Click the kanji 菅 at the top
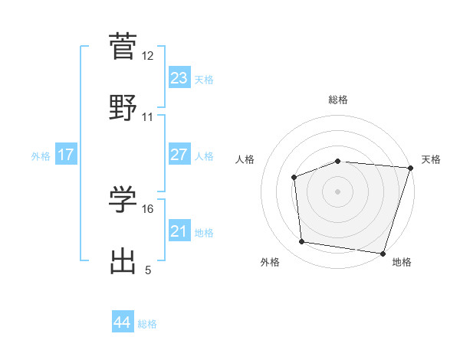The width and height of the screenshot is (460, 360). pos(123,46)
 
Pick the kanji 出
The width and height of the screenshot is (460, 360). pos(123,260)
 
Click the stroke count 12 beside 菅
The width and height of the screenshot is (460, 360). pos(148,56)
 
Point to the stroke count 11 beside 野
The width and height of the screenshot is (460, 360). pos(148,116)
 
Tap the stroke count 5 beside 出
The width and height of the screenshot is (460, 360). pos(148,270)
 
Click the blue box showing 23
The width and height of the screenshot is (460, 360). pos(179,78)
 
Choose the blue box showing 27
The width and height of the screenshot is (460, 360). pos(179,155)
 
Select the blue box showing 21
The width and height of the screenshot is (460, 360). pos(179,231)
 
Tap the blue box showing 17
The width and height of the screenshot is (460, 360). pos(66,155)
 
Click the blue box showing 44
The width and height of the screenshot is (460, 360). pos(122,322)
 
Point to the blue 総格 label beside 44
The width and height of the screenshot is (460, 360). pos(147,324)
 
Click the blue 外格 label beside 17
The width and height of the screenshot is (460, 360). pos(41,156)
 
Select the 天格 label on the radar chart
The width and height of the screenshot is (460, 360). pos(431,159)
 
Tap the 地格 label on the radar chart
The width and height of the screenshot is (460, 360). pos(402,262)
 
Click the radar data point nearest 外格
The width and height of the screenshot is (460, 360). pos(302,242)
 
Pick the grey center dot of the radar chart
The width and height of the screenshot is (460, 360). pos(337,191)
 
